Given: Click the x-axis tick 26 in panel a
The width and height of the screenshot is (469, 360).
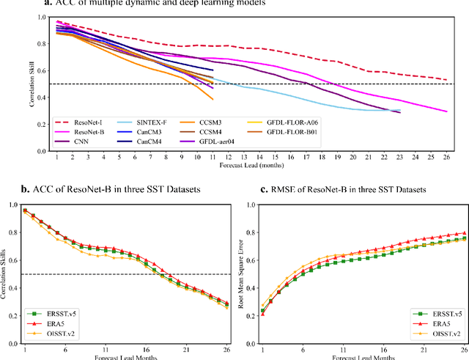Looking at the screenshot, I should [x=446, y=156].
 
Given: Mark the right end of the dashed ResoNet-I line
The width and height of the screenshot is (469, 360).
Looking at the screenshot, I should [x=446, y=80].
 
